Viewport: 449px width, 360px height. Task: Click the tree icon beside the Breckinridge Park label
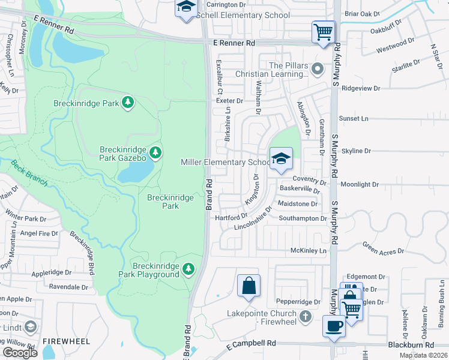(127, 103)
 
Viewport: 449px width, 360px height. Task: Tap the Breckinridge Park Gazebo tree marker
(155, 152)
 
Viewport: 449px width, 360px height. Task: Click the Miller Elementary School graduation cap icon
(280, 159)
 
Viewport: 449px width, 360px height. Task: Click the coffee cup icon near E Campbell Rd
(333, 326)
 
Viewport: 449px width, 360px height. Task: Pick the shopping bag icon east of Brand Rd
(249, 286)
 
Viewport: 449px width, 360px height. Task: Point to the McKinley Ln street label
(311, 250)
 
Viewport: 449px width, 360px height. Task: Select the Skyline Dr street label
(356, 151)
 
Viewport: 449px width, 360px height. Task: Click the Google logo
(20, 353)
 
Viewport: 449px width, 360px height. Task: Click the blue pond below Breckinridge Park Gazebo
(135, 173)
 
